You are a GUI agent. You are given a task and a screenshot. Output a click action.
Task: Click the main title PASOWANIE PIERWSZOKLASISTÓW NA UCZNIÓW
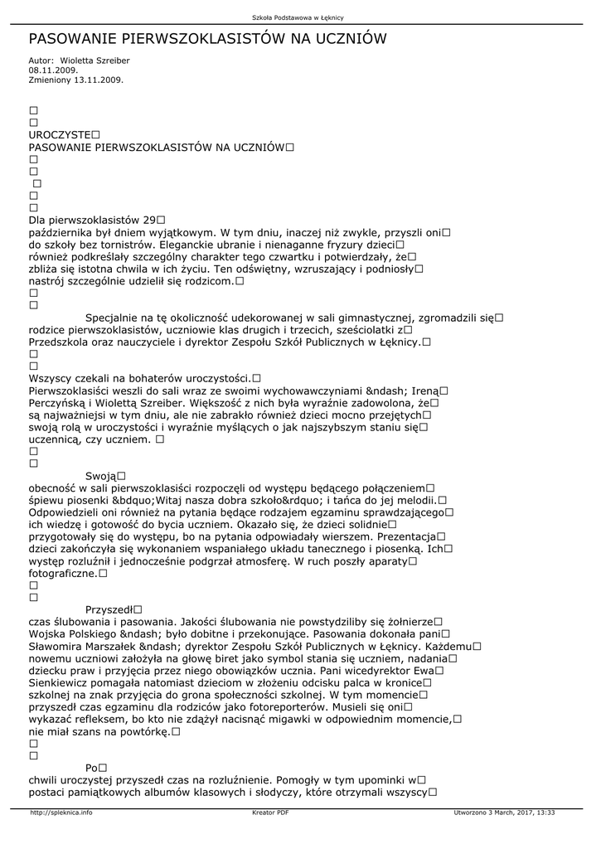[207, 39]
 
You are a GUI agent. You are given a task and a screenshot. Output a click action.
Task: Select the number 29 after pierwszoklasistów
[150, 220]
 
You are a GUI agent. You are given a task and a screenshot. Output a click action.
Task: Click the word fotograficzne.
[63, 573]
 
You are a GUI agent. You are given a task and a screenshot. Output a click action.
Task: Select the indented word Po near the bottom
[91, 768]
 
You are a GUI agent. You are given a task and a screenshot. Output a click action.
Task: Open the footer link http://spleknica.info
[61, 813]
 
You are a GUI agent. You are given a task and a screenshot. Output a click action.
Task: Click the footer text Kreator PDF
[270, 813]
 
